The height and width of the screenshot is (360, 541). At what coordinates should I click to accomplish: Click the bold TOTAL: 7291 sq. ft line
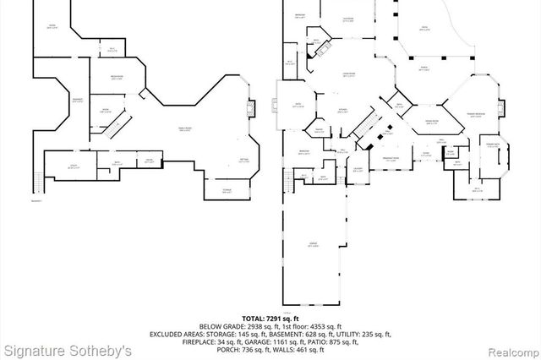270,319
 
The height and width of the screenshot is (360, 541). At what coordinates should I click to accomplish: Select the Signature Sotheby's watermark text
68,350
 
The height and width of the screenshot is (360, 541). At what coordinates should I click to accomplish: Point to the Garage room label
314,244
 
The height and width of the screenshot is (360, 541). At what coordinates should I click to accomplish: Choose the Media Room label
117,77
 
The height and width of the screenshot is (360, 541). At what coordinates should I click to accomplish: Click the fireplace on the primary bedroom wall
502,107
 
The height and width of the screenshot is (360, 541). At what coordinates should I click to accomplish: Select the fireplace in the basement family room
249,107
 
